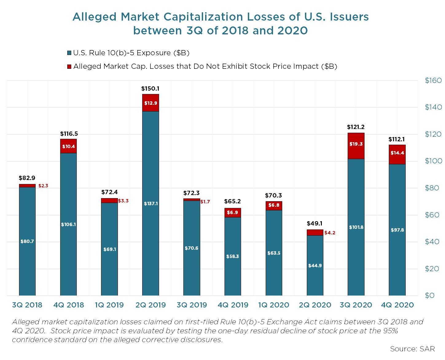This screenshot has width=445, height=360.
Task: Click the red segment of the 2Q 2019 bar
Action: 150,103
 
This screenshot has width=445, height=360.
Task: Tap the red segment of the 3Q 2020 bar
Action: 356,146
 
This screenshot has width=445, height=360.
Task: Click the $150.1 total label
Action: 150,89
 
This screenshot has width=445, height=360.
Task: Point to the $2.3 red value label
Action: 43,186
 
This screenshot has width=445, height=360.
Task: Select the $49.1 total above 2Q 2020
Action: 314,224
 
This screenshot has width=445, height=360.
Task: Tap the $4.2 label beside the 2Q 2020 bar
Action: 330,233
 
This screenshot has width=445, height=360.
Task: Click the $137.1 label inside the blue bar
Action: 150,204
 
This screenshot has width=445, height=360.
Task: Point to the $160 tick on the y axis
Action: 433,80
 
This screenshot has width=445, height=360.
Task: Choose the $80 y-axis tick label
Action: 433,188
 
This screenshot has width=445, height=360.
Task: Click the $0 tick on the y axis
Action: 430,295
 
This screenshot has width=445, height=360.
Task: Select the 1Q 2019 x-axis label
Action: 109,305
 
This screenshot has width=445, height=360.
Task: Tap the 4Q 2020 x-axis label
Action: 397,305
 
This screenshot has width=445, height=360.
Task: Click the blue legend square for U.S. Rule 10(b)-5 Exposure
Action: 69,53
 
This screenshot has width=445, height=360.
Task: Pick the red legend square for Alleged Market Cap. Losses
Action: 69,67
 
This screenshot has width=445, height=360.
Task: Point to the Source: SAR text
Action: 412,349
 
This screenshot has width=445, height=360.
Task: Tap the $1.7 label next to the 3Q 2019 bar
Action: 205,202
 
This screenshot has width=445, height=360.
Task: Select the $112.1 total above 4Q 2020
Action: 396,139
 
